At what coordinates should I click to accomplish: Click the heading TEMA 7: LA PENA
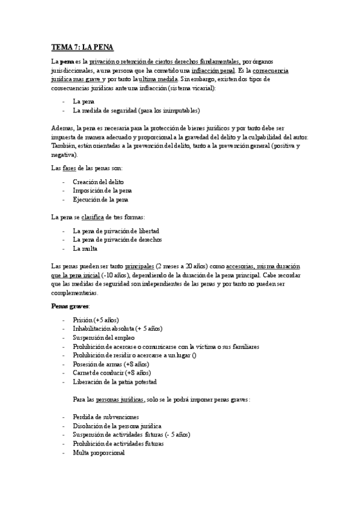[x=82, y=47]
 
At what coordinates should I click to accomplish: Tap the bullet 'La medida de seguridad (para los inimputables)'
[x=136, y=110]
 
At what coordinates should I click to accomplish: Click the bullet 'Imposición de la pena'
[x=103, y=191]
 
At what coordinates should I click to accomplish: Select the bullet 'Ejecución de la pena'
[x=100, y=199]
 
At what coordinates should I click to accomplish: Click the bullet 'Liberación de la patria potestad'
[x=114, y=381]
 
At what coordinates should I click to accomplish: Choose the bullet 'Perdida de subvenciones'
[x=106, y=417]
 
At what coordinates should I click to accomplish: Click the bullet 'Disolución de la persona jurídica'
[x=118, y=426]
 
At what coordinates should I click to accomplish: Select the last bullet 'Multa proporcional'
[x=99, y=452]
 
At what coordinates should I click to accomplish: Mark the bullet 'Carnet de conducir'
[x=111, y=372]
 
